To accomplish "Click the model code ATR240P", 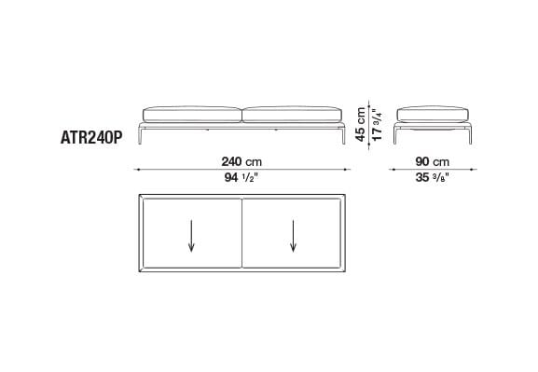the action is pos(91,138).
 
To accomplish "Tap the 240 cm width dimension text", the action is pos(241,161).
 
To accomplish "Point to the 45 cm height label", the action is pos(361,124).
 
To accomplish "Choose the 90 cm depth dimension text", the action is pos(433,161).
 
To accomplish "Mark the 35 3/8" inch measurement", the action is pos(433,177).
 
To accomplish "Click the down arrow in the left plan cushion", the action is pos(191,236).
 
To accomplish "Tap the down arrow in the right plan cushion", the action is pos(293,236).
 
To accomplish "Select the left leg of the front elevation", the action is pos(140,134).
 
